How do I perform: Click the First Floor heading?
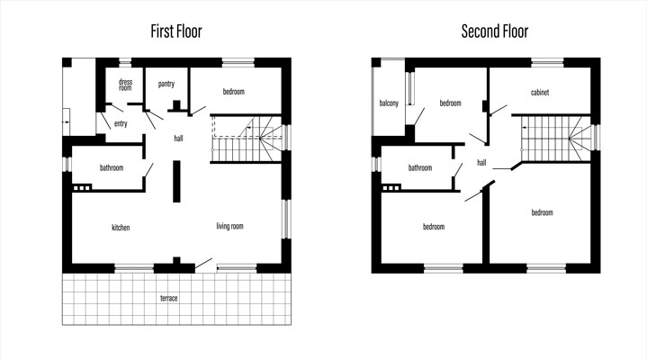pyautogui.click(x=176, y=31)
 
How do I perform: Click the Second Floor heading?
pyautogui.click(x=495, y=31)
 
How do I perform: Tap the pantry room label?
pyautogui.click(x=166, y=85)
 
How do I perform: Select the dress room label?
pyautogui.click(x=125, y=85)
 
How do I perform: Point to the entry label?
pyautogui.click(x=121, y=123)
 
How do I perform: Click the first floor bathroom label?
pyautogui.click(x=112, y=167)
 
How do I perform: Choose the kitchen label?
pyautogui.click(x=121, y=228)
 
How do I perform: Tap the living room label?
pyautogui.click(x=229, y=226)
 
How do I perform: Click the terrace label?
pyautogui.click(x=169, y=298)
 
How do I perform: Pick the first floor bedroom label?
pyautogui.click(x=234, y=92)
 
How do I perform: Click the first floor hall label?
pyautogui.click(x=178, y=139)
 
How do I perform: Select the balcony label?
pyautogui.click(x=389, y=103)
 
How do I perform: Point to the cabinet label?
pyautogui.click(x=540, y=93)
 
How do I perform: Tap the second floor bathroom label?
pyautogui.click(x=420, y=167)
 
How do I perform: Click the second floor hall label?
pyautogui.click(x=481, y=163)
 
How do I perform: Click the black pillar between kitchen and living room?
pyautogui.click(x=176, y=181)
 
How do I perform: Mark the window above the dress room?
pyautogui.click(x=125, y=62)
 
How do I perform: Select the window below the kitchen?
pyautogui.click(x=134, y=269)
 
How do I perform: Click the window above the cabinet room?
pyautogui.click(x=547, y=62)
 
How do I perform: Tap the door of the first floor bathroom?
pyautogui.click(x=148, y=170)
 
